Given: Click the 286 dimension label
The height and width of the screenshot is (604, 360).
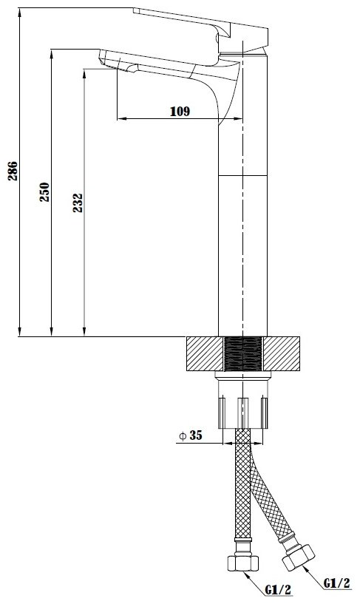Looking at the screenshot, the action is coord(13,171).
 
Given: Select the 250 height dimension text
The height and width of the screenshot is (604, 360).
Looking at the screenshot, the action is coord(44,192).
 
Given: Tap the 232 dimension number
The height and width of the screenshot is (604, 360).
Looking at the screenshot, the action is coord(78,203).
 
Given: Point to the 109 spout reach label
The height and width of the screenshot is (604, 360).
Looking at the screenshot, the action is coord(180,112).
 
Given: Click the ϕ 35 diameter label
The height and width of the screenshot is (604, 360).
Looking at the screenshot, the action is coord(190,435).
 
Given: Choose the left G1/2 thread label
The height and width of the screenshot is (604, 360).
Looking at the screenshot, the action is coord(279,589).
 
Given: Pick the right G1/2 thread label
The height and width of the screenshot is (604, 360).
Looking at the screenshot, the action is coord(337,583).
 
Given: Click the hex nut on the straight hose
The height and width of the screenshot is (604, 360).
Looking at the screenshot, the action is coord(242,563).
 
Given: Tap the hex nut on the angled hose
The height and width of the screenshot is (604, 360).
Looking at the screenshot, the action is coord(299,557).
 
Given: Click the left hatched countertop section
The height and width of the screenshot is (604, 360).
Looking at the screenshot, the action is coord(205,353).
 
